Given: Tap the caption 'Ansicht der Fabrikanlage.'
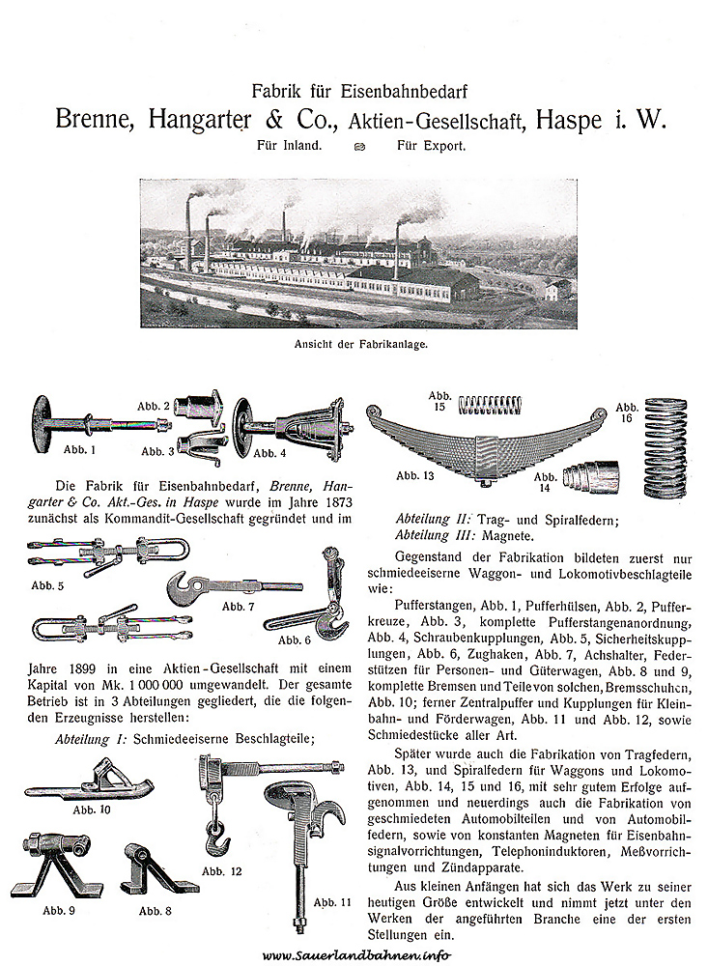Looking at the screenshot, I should (x=354, y=342).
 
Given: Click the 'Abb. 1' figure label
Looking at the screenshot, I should (x=80, y=448).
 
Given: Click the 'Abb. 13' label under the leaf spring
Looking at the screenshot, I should (x=415, y=475).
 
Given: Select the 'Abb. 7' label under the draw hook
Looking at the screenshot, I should (x=238, y=606).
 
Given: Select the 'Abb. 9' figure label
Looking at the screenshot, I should (x=61, y=909).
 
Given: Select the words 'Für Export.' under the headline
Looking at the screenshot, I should (x=431, y=147).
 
